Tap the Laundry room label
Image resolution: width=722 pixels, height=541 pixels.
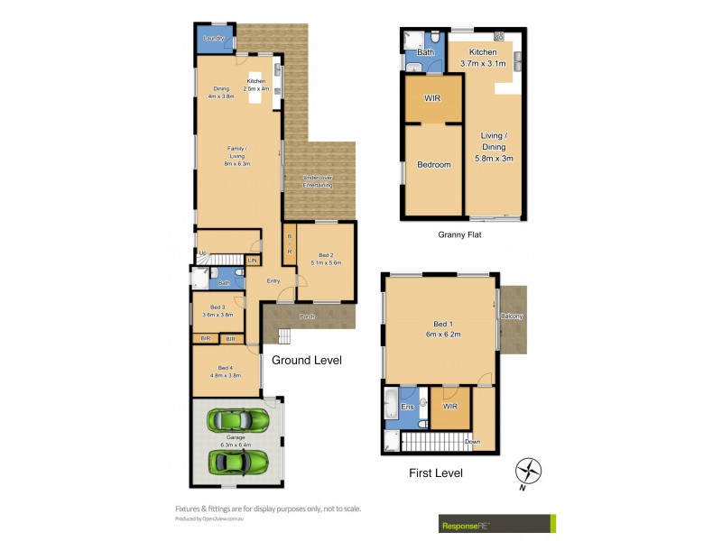coord(214,38)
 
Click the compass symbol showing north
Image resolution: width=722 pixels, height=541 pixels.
coord(528,471)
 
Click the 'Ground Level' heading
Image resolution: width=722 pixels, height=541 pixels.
coord(307,360)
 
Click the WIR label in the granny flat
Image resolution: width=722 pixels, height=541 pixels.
coord(432,97)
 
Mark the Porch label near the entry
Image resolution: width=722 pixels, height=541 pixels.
coord(308,316)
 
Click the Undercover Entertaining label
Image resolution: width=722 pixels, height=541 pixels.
coord(318,181)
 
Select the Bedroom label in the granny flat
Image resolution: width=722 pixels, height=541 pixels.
coord(433,165)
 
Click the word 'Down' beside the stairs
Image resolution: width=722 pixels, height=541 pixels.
coord(472,442)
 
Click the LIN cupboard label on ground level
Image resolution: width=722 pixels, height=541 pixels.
coord(252,261)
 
